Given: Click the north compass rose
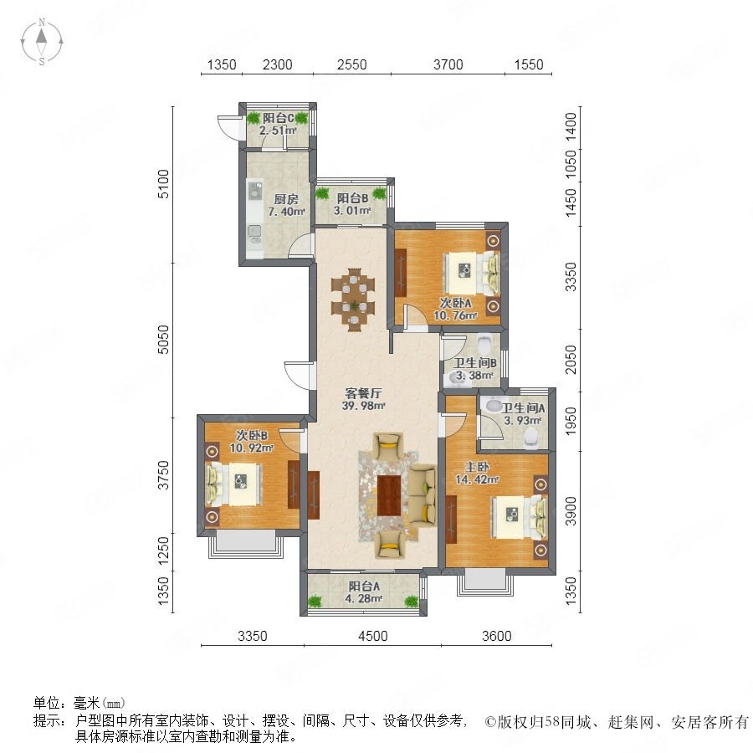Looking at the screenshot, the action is pos(42,42).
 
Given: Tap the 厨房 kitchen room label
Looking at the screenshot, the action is pos(286,199).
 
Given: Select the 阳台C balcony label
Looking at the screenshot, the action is pos(278,118).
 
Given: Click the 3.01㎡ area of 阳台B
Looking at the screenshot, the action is pos(352,210).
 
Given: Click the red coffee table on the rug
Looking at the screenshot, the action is pos(389,495).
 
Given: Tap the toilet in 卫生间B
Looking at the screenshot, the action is pos(484,343).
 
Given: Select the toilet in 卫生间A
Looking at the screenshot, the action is pos(531,437).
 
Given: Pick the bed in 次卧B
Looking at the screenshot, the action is pos(234,484).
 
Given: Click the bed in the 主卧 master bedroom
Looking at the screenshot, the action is pos(519,517).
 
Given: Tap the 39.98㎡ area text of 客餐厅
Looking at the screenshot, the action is pos(364,406).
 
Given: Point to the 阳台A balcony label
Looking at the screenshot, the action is pos(364,587).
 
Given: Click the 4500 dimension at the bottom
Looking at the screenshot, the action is pos(372,636).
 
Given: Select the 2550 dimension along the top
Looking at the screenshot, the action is pos(351,64).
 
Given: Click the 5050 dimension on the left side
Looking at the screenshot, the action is pos(164,340).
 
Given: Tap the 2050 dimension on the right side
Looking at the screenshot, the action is pos(571,359).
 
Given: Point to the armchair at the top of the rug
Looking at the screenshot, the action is pos(388,445).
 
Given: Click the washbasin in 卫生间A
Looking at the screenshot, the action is pos(494,406).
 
